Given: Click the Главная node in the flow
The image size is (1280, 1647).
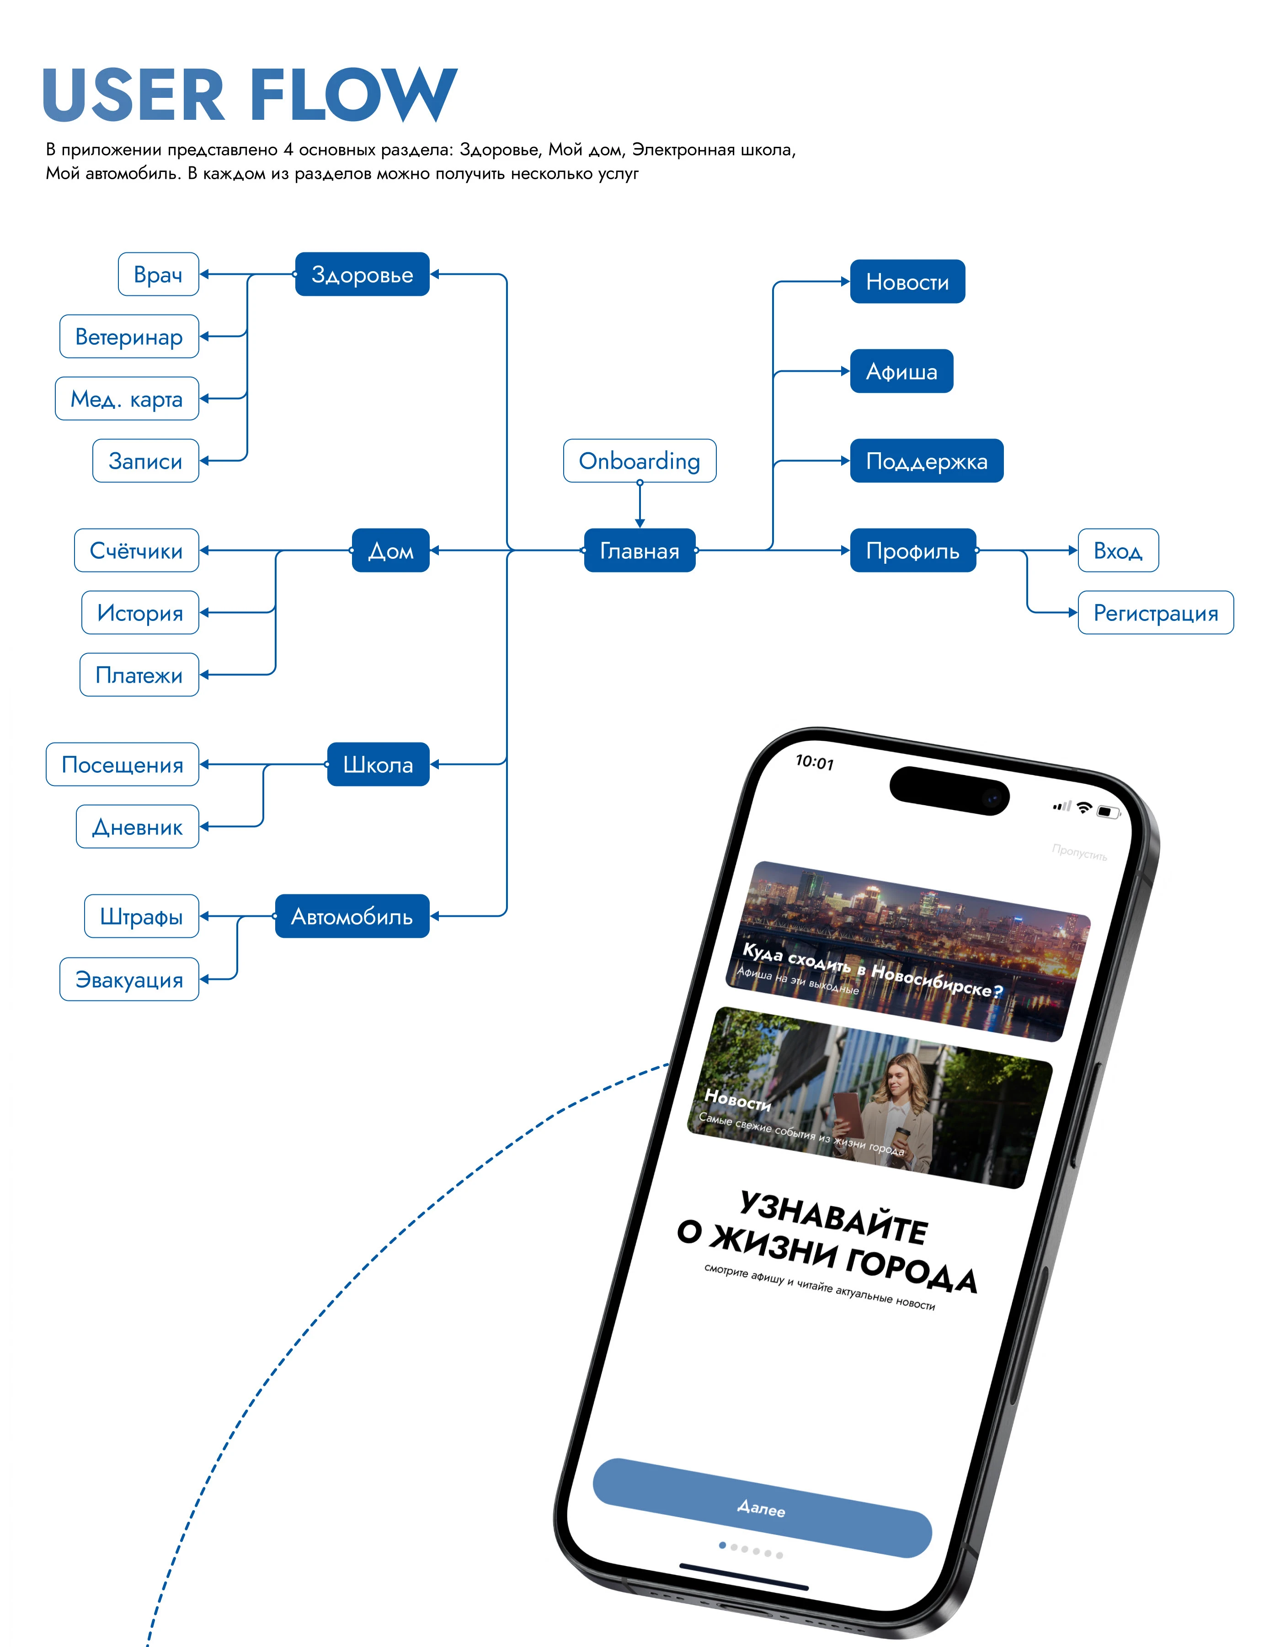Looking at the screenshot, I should click(639, 551).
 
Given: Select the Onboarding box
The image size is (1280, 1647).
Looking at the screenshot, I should click(639, 461).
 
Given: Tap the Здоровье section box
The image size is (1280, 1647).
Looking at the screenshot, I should click(362, 274).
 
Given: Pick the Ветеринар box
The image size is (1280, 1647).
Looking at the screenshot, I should click(129, 337).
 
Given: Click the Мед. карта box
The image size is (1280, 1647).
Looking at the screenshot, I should click(127, 399).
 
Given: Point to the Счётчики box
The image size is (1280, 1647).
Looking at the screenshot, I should click(136, 551).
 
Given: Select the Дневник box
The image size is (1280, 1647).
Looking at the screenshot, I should click(137, 827).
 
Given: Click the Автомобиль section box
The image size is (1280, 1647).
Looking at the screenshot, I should click(352, 916).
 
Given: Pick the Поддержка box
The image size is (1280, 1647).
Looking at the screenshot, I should click(927, 461).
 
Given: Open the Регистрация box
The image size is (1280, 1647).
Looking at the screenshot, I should click(1156, 613).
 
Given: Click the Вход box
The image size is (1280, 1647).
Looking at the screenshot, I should click(1118, 551).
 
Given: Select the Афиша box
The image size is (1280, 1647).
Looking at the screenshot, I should click(901, 371).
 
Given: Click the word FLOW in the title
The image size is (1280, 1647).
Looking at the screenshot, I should click(353, 95).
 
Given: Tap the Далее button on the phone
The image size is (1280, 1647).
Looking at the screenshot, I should click(761, 1508).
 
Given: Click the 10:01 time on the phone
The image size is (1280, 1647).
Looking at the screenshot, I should click(815, 762).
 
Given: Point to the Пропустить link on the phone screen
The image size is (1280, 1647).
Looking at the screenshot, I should click(1079, 853).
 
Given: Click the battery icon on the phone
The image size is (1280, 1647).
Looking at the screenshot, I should click(1107, 812).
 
